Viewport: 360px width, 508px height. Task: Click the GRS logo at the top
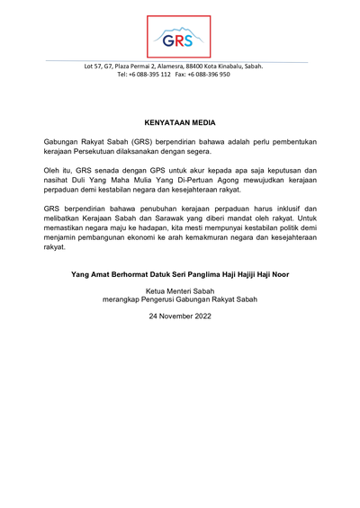pyautogui.click(x=179, y=38)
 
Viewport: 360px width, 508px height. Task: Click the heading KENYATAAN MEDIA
pyautogui.click(x=179, y=120)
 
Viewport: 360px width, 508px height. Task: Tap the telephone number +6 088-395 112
pyautogui.click(x=149, y=75)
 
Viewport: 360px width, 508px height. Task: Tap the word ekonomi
pyautogui.click(x=163, y=240)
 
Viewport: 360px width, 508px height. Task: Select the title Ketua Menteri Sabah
pyautogui.click(x=179, y=291)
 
